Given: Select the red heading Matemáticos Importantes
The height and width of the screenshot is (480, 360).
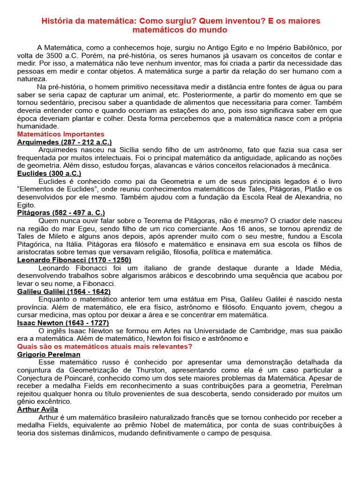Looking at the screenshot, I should [x=60, y=134].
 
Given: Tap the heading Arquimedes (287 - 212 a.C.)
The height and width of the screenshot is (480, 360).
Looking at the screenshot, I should [x=64, y=142].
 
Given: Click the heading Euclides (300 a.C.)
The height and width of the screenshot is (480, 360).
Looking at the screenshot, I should [x=52, y=173].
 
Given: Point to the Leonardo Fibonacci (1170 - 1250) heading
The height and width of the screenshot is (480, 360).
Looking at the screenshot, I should [x=74, y=260].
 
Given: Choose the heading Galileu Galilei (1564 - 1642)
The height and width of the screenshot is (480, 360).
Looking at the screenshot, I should [x=64, y=291].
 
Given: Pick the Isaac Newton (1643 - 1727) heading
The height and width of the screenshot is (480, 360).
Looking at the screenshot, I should [x=63, y=323].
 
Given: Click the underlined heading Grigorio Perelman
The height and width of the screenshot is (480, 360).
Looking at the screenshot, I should [x=48, y=354].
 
